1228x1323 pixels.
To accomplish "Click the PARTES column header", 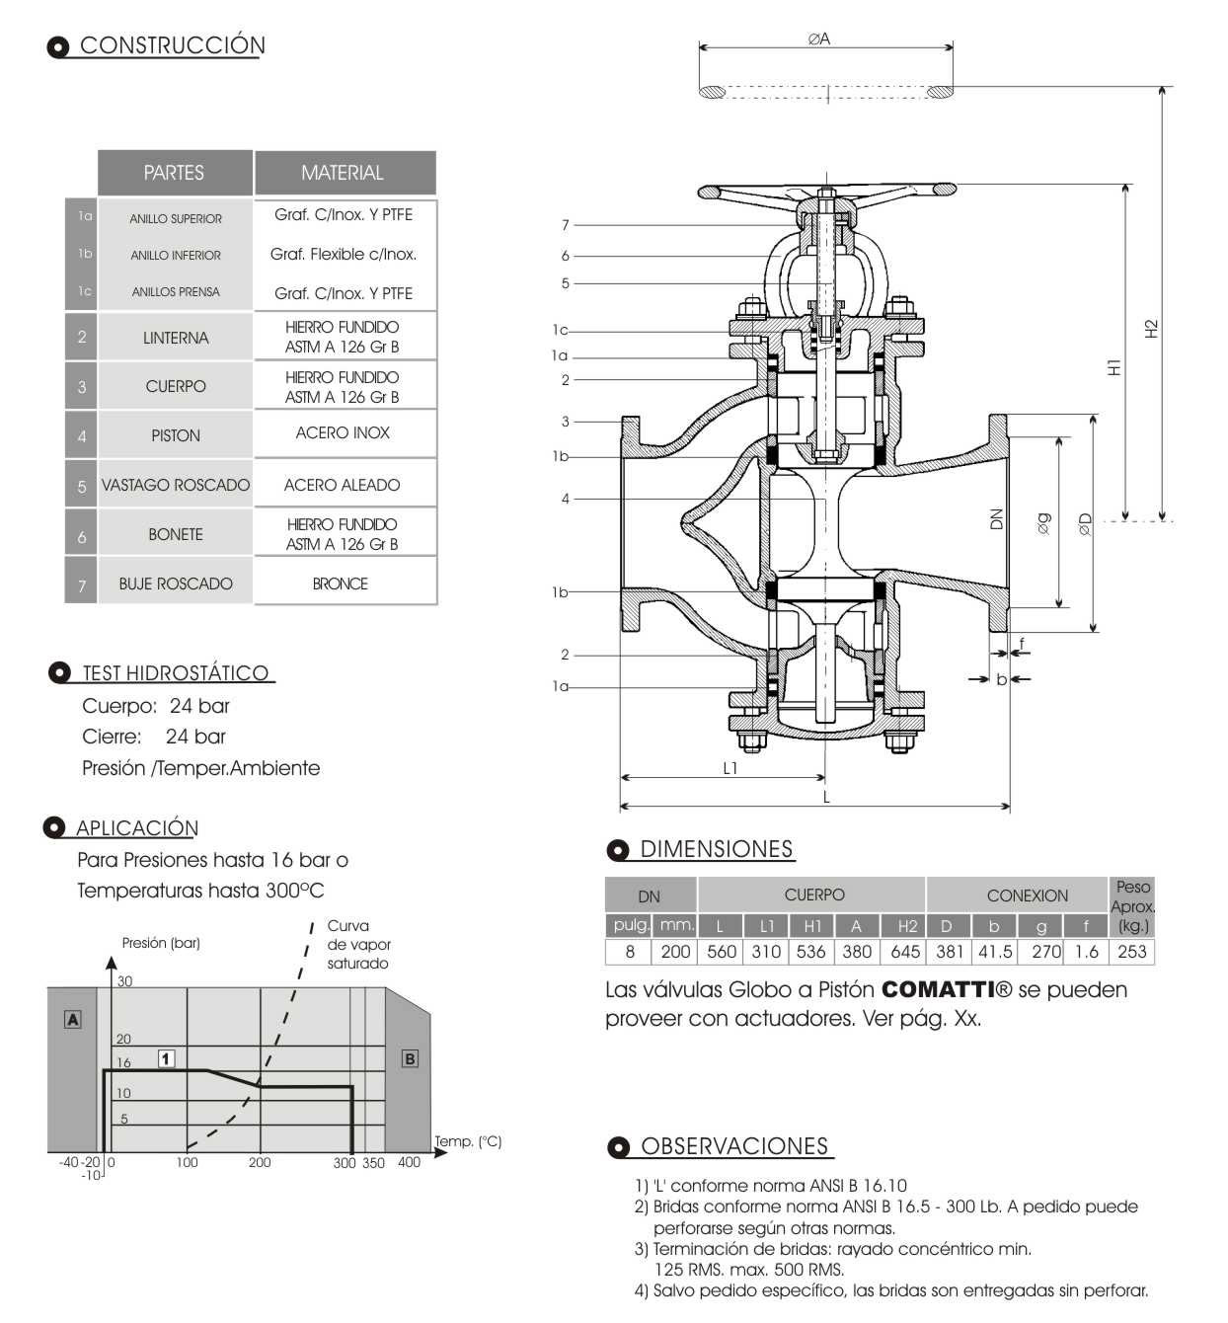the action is point(175,173).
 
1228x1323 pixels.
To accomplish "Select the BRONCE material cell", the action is point(341,584).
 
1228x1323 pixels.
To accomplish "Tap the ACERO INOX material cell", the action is point(343,433).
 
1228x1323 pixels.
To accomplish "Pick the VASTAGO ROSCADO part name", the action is point(176,485).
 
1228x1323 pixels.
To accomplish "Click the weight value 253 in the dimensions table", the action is point(1132,952).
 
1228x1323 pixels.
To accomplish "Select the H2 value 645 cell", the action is point(905,952).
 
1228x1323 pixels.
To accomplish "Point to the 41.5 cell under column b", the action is point(995,952).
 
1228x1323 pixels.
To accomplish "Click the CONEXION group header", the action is point(1027,895).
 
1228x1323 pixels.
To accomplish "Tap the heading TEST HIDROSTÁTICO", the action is point(176,672).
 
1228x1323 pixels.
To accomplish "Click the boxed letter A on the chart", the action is point(73,1019).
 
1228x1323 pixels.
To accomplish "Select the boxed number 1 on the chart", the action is point(167,1058).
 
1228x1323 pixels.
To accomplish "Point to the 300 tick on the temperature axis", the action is point(345,1162).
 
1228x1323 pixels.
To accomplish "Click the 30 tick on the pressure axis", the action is point(124,981).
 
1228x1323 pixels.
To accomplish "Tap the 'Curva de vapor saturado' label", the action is point(358,944).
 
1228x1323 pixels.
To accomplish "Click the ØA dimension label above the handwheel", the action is point(819,39).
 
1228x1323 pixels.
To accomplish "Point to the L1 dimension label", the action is point(730,768).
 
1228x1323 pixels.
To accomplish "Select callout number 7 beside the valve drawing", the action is point(565,225).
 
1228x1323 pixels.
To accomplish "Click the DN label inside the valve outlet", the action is point(996,519).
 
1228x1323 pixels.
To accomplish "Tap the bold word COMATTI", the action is point(938,989).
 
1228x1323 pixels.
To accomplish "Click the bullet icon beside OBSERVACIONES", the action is point(618,1146).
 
